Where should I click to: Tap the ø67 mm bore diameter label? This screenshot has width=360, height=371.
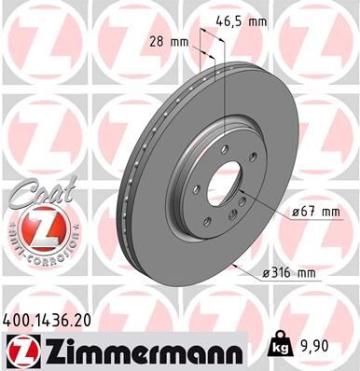pos(314,213)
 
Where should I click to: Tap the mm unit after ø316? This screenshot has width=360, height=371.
pos(331,272)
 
